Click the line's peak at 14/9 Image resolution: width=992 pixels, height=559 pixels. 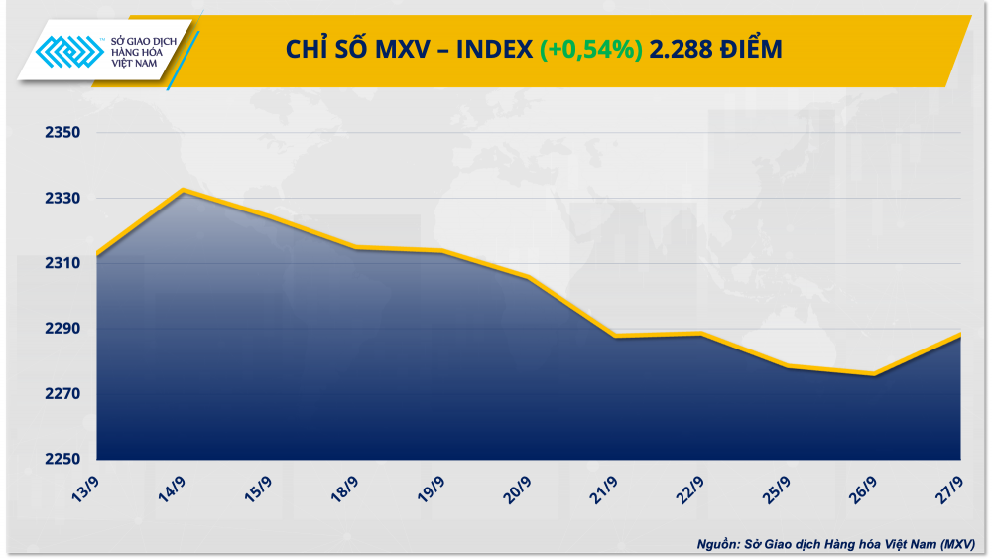(183, 190)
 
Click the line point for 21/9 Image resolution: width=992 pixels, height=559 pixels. (615, 337)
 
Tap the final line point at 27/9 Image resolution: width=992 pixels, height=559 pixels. (959, 335)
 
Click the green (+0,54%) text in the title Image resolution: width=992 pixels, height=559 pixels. (590, 49)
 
